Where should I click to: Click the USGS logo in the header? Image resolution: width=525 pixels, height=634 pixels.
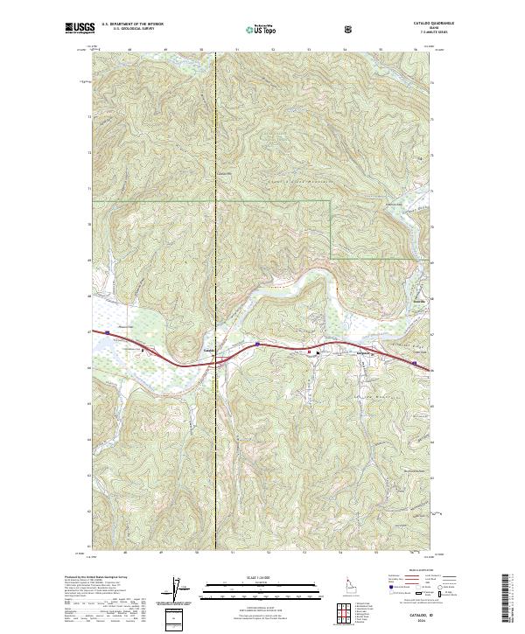(80, 29)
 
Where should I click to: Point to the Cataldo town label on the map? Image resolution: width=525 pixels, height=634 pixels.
(208, 352)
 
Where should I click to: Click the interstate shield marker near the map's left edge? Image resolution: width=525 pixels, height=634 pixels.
(108, 332)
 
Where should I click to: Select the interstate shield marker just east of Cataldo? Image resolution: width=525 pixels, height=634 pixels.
(257, 345)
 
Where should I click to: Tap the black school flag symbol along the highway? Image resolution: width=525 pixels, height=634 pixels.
(308, 352)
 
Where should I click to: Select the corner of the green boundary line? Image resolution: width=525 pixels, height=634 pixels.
(330, 201)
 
